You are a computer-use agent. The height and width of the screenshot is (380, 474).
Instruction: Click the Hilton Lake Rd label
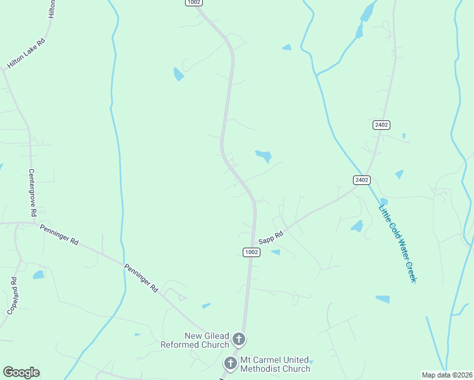[x=26, y=54]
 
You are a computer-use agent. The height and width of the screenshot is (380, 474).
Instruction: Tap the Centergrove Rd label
[x=32, y=193]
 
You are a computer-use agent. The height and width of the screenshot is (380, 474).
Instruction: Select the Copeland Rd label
[x=12, y=296]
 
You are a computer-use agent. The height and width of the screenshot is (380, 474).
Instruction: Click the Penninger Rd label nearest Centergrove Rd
[x=59, y=234]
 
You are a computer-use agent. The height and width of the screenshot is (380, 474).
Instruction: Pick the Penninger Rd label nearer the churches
[x=141, y=277]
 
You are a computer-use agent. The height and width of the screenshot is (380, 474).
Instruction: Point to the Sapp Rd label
[x=271, y=237]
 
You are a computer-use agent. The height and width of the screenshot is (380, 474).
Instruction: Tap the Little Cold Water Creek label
[x=397, y=244]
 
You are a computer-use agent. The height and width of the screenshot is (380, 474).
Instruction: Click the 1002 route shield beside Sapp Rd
[x=252, y=252]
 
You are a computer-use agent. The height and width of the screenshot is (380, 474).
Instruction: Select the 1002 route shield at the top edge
[x=194, y=3]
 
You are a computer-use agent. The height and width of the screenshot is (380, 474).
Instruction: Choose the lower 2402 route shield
[x=361, y=180]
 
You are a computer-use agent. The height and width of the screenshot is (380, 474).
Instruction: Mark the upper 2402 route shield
[x=381, y=125]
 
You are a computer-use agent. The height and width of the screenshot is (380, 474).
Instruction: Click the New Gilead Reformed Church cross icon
[x=239, y=339]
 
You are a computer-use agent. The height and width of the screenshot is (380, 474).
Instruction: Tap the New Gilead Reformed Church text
[x=198, y=340]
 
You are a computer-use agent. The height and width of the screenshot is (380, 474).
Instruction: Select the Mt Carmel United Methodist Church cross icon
[x=231, y=364]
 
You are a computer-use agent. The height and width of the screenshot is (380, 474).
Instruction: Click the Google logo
[x=21, y=372]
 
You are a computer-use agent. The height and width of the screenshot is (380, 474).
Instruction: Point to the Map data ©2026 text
[x=447, y=375]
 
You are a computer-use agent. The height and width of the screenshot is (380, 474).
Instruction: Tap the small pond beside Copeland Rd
[x=39, y=275]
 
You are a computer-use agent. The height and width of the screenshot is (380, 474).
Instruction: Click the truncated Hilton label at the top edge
[x=53, y=8]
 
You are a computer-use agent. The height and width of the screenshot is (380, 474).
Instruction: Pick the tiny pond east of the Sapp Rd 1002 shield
[x=276, y=252]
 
